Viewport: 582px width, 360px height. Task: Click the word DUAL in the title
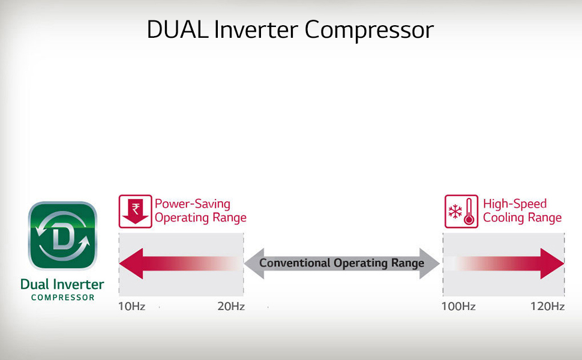pyautogui.click(x=178, y=29)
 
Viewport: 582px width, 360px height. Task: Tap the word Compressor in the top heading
pyautogui.click(x=369, y=29)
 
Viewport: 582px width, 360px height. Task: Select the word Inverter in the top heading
pyautogui.click(x=256, y=29)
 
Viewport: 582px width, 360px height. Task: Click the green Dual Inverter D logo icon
pyautogui.click(x=63, y=236)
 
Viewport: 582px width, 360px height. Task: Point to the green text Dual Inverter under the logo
pyautogui.click(x=62, y=284)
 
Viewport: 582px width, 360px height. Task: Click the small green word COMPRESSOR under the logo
pyautogui.click(x=63, y=297)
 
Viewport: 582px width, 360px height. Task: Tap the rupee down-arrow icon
pyautogui.click(x=135, y=211)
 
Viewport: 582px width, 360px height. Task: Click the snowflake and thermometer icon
pyautogui.click(x=461, y=211)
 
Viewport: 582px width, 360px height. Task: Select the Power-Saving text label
pyautogui.click(x=192, y=204)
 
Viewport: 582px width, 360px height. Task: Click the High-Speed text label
pyautogui.click(x=515, y=204)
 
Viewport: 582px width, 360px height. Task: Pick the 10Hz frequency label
pyautogui.click(x=132, y=307)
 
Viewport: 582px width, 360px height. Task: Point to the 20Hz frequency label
pyautogui.click(x=231, y=307)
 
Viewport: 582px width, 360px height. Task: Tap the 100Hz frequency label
pyautogui.click(x=458, y=307)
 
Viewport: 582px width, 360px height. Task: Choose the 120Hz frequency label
pyautogui.click(x=547, y=307)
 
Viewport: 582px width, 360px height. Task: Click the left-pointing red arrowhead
pyautogui.click(x=131, y=263)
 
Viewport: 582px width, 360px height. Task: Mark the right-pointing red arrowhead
pyautogui.click(x=553, y=263)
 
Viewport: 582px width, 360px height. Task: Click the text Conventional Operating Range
pyautogui.click(x=341, y=263)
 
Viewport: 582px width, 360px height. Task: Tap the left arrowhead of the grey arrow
pyautogui.click(x=254, y=263)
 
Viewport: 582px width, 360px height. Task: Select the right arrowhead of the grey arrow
pyautogui.click(x=430, y=263)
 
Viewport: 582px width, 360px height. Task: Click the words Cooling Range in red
pyautogui.click(x=522, y=218)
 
